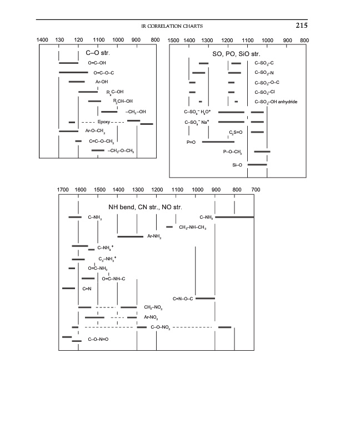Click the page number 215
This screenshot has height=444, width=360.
pos(301,26)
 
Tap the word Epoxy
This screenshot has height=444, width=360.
pos(104,122)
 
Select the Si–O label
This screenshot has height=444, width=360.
pos(237,164)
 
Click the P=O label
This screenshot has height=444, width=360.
pos(191,142)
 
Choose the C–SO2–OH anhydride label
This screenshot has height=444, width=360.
pos(276,102)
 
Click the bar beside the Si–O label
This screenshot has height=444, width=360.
pos(257,164)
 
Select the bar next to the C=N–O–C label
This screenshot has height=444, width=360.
pos(205,299)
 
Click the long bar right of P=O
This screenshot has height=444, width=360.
pos(218,142)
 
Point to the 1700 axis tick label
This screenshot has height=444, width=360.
pos(63,190)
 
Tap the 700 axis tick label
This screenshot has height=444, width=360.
pos(256,190)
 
